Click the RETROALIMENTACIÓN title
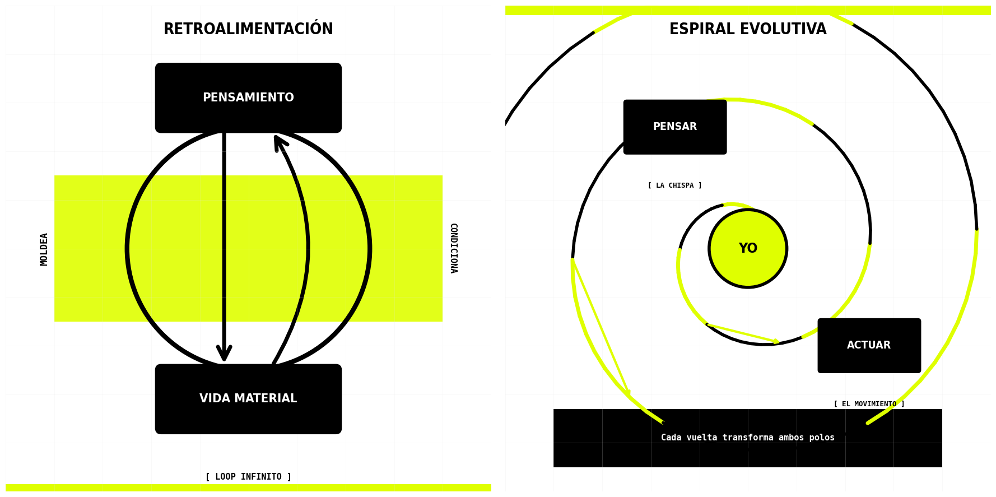click(x=248, y=29)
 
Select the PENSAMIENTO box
click(x=248, y=98)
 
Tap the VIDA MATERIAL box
click(x=248, y=399)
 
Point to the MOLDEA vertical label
click(x=44, y=249)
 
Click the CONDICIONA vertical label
click(x=453, y=248)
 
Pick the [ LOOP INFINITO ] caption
click(x=248, y=477)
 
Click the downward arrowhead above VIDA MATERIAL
click(x=224, y=354)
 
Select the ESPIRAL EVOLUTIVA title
click(x=748, y=29)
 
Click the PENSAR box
click(x=674, y=127)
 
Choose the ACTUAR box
click(x=869, y=346)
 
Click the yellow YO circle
click(x=748, y=249)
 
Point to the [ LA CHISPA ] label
click(x=674, y=185)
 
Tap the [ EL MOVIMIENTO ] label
click(x=869, y=404)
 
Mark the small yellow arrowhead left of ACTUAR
click(x=776, y=341)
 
